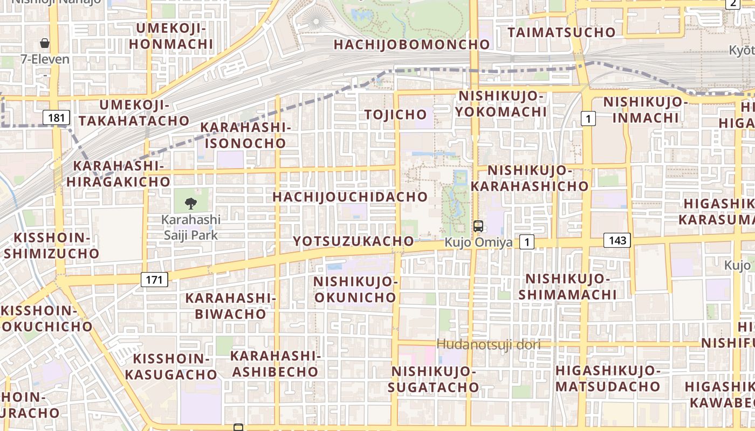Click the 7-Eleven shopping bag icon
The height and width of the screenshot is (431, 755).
[45, 43]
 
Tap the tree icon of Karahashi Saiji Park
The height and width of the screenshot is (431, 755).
[190, 203]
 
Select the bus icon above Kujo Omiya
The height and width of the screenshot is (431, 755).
[478, 226]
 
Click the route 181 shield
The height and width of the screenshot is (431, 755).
[56, 117]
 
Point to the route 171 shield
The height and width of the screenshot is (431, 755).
[154, 279]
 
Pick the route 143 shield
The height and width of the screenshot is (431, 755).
[617, 240]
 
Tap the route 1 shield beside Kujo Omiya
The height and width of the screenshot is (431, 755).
[527, 242]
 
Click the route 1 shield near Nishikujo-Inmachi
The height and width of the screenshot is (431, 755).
[588, 118]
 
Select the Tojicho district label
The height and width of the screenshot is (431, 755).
[395, 114]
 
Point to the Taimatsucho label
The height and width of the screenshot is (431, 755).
[561, 32]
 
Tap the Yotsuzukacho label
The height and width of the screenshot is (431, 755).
[353, 241]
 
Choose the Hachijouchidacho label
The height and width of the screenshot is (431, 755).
[350, 197]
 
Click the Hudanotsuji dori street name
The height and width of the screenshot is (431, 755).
[489, 344]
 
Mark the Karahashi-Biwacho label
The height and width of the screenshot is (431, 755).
[231, 305]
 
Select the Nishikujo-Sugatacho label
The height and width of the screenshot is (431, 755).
[433, 379]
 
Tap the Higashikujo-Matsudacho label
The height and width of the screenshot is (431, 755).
[608, 378]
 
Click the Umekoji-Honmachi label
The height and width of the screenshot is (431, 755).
[171, 36]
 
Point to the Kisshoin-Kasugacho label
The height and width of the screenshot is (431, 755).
[171, 366]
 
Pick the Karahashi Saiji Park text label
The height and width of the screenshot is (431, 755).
[191, 227]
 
